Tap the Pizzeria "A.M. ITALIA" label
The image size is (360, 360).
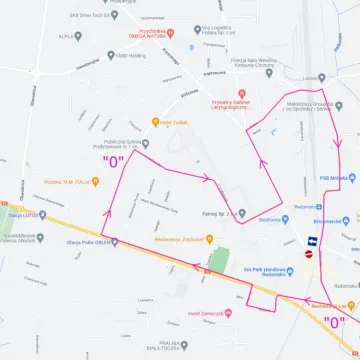[x=70, y=181]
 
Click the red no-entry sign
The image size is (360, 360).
[x=309, y=253]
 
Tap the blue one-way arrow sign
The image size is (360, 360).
[x=312, y=240]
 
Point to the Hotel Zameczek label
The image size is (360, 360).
[x=207, y=313]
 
